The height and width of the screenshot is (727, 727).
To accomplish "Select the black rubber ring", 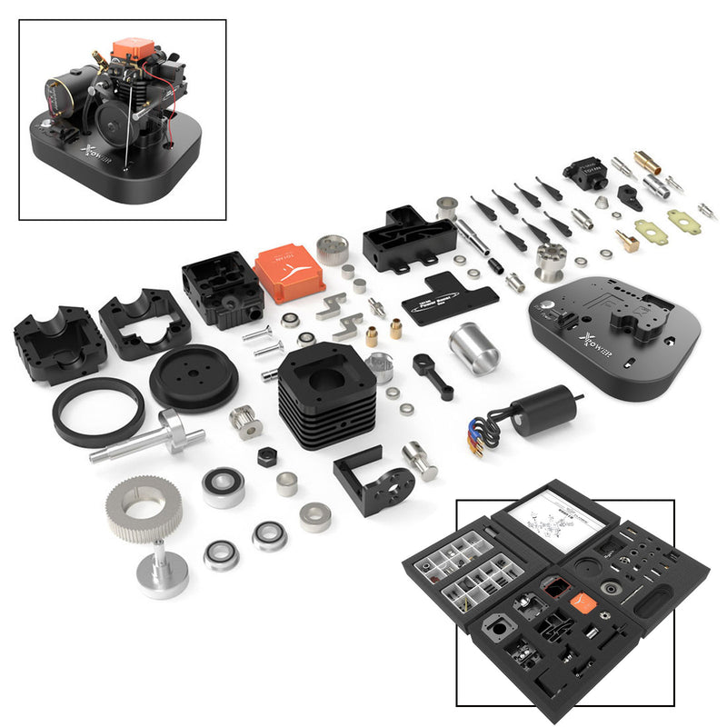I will (98, 412).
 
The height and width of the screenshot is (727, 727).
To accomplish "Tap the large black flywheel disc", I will (194, 377).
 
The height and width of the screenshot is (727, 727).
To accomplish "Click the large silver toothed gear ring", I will (144, 508).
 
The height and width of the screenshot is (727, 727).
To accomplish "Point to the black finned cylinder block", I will (326, 395).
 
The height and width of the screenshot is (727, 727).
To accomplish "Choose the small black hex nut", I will (266, 457).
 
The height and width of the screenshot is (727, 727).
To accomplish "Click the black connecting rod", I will (433, 375).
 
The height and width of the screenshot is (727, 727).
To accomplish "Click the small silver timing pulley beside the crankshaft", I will (245, 423).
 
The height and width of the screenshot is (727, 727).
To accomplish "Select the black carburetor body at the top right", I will (584, 174).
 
